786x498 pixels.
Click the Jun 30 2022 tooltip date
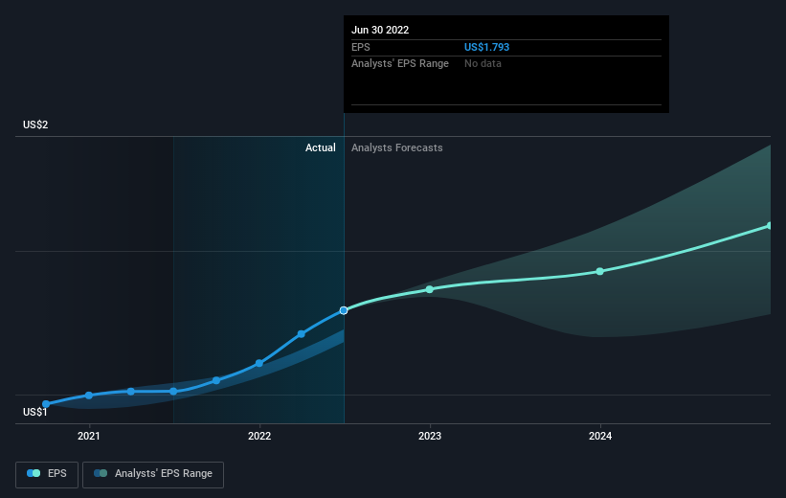[x=380, y=30]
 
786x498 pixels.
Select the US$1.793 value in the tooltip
[x=486, y=47]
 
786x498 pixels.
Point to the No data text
[x=483, y=64]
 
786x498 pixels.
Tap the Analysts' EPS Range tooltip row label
[x=400, y=64]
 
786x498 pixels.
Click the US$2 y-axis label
[x=35, y=124]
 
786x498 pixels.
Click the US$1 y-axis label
[x=35, y=412]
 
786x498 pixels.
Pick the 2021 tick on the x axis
[x=89, y=437]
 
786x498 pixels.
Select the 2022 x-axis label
[x=259, y=437]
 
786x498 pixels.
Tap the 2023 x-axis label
[x=430, y=437]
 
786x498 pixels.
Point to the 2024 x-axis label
[x=600, y=437]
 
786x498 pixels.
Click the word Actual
[x=321, y=147]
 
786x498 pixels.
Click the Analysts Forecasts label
[x=397, y=147]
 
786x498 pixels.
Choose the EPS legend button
[x=47, y=474]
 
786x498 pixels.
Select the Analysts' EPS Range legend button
[x=153, y=474]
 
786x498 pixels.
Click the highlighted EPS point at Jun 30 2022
[x=344, y=310]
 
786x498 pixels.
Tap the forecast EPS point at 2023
[x=430, y=289]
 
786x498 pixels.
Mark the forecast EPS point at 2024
[x=600, y=271]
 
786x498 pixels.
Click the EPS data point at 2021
[x=89, y=396]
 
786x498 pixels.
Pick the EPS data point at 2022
[x=259, y=363]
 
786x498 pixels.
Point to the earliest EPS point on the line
[x=46, y=404]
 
